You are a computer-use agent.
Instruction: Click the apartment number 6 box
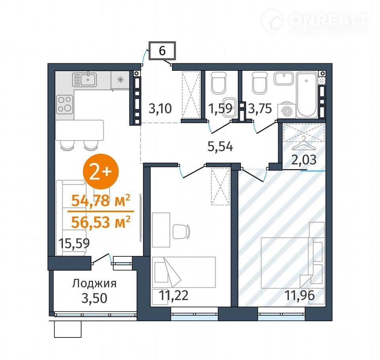[162, 50]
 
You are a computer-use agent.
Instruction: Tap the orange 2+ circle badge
[101, 171]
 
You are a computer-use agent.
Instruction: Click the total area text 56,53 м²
[101, 222]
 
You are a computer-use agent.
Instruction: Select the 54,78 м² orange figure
[101, 200]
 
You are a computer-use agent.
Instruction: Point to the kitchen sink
[85, 79]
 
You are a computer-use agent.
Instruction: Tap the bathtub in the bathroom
[306, 95]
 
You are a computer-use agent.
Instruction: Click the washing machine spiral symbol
[287, 111]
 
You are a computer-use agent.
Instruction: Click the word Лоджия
[94, 283]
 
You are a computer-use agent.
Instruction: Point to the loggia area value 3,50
[94, 298]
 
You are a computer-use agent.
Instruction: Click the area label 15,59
[74, 243]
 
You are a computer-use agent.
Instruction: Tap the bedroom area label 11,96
[300, 295]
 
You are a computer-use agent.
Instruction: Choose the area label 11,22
[173, 295]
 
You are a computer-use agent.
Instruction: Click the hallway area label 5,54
[220, 147]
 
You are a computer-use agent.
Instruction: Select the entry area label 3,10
[160, 108]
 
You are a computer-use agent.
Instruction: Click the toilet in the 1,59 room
[218, 83]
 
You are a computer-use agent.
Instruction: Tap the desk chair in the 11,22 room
[182, 231]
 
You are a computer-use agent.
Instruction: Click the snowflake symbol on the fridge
[120, 80]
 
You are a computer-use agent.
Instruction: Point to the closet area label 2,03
[304, 160]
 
